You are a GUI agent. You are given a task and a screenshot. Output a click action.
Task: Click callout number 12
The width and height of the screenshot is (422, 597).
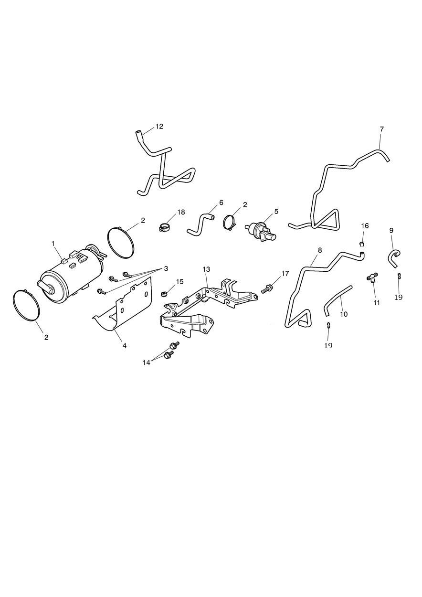(159, 127)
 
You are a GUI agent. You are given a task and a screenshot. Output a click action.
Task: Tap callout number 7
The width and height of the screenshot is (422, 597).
(381, 129)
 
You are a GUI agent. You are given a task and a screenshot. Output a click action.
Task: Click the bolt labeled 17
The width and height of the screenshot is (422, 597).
(266, 288)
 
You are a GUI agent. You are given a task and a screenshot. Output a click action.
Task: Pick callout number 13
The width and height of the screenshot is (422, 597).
(206, 269)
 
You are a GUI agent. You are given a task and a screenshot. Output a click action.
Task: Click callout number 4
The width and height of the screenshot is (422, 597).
(125, 346)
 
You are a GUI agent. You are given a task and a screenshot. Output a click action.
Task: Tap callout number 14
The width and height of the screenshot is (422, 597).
(147, 362)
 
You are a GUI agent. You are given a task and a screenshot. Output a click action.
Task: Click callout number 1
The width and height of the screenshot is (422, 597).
(53, 243)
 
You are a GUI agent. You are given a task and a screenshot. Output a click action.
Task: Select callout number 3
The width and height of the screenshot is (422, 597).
(166, 268)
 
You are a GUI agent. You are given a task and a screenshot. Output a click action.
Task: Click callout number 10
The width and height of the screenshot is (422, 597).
(344, 314)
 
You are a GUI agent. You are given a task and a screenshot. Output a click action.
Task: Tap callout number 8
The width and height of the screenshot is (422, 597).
(320, 250)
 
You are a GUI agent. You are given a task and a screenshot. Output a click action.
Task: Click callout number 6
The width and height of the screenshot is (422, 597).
(221, 203)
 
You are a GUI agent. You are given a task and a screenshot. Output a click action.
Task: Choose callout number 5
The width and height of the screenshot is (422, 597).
(276, 212)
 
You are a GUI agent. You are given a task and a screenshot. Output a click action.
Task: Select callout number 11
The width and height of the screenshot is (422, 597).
(377, 303)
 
